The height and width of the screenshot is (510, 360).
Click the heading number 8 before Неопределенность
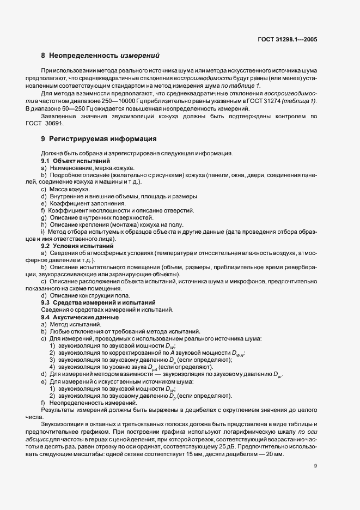[x=43, y=55]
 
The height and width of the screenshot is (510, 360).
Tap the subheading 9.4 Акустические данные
[x=80, y=317]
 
